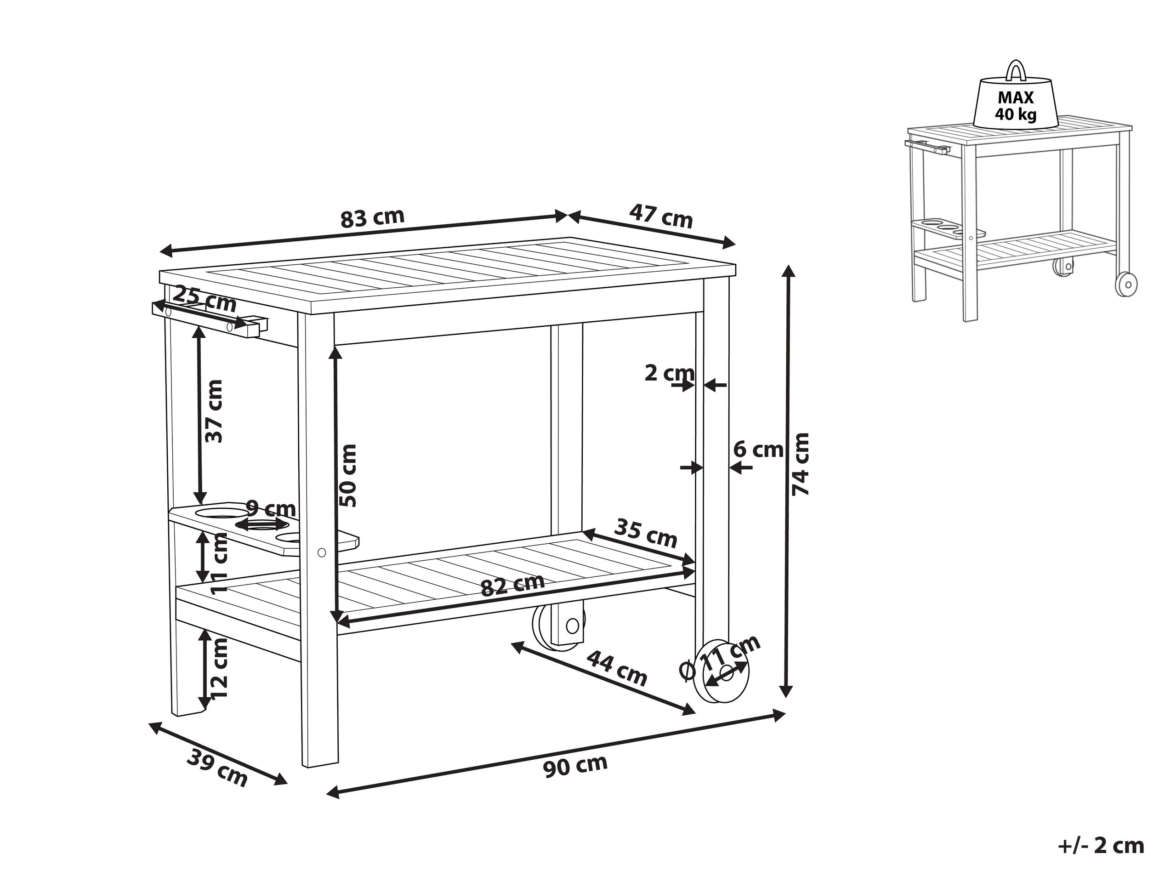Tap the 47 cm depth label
(661, 216)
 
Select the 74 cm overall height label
(800, 464)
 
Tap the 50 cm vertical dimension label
(348, 475)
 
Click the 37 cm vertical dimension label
(214, 411)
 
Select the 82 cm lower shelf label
(512, 585)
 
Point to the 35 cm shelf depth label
(645, 533)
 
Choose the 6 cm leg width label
(758, 450)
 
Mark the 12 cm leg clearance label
(219, 668)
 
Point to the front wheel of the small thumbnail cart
(1126, 285)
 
